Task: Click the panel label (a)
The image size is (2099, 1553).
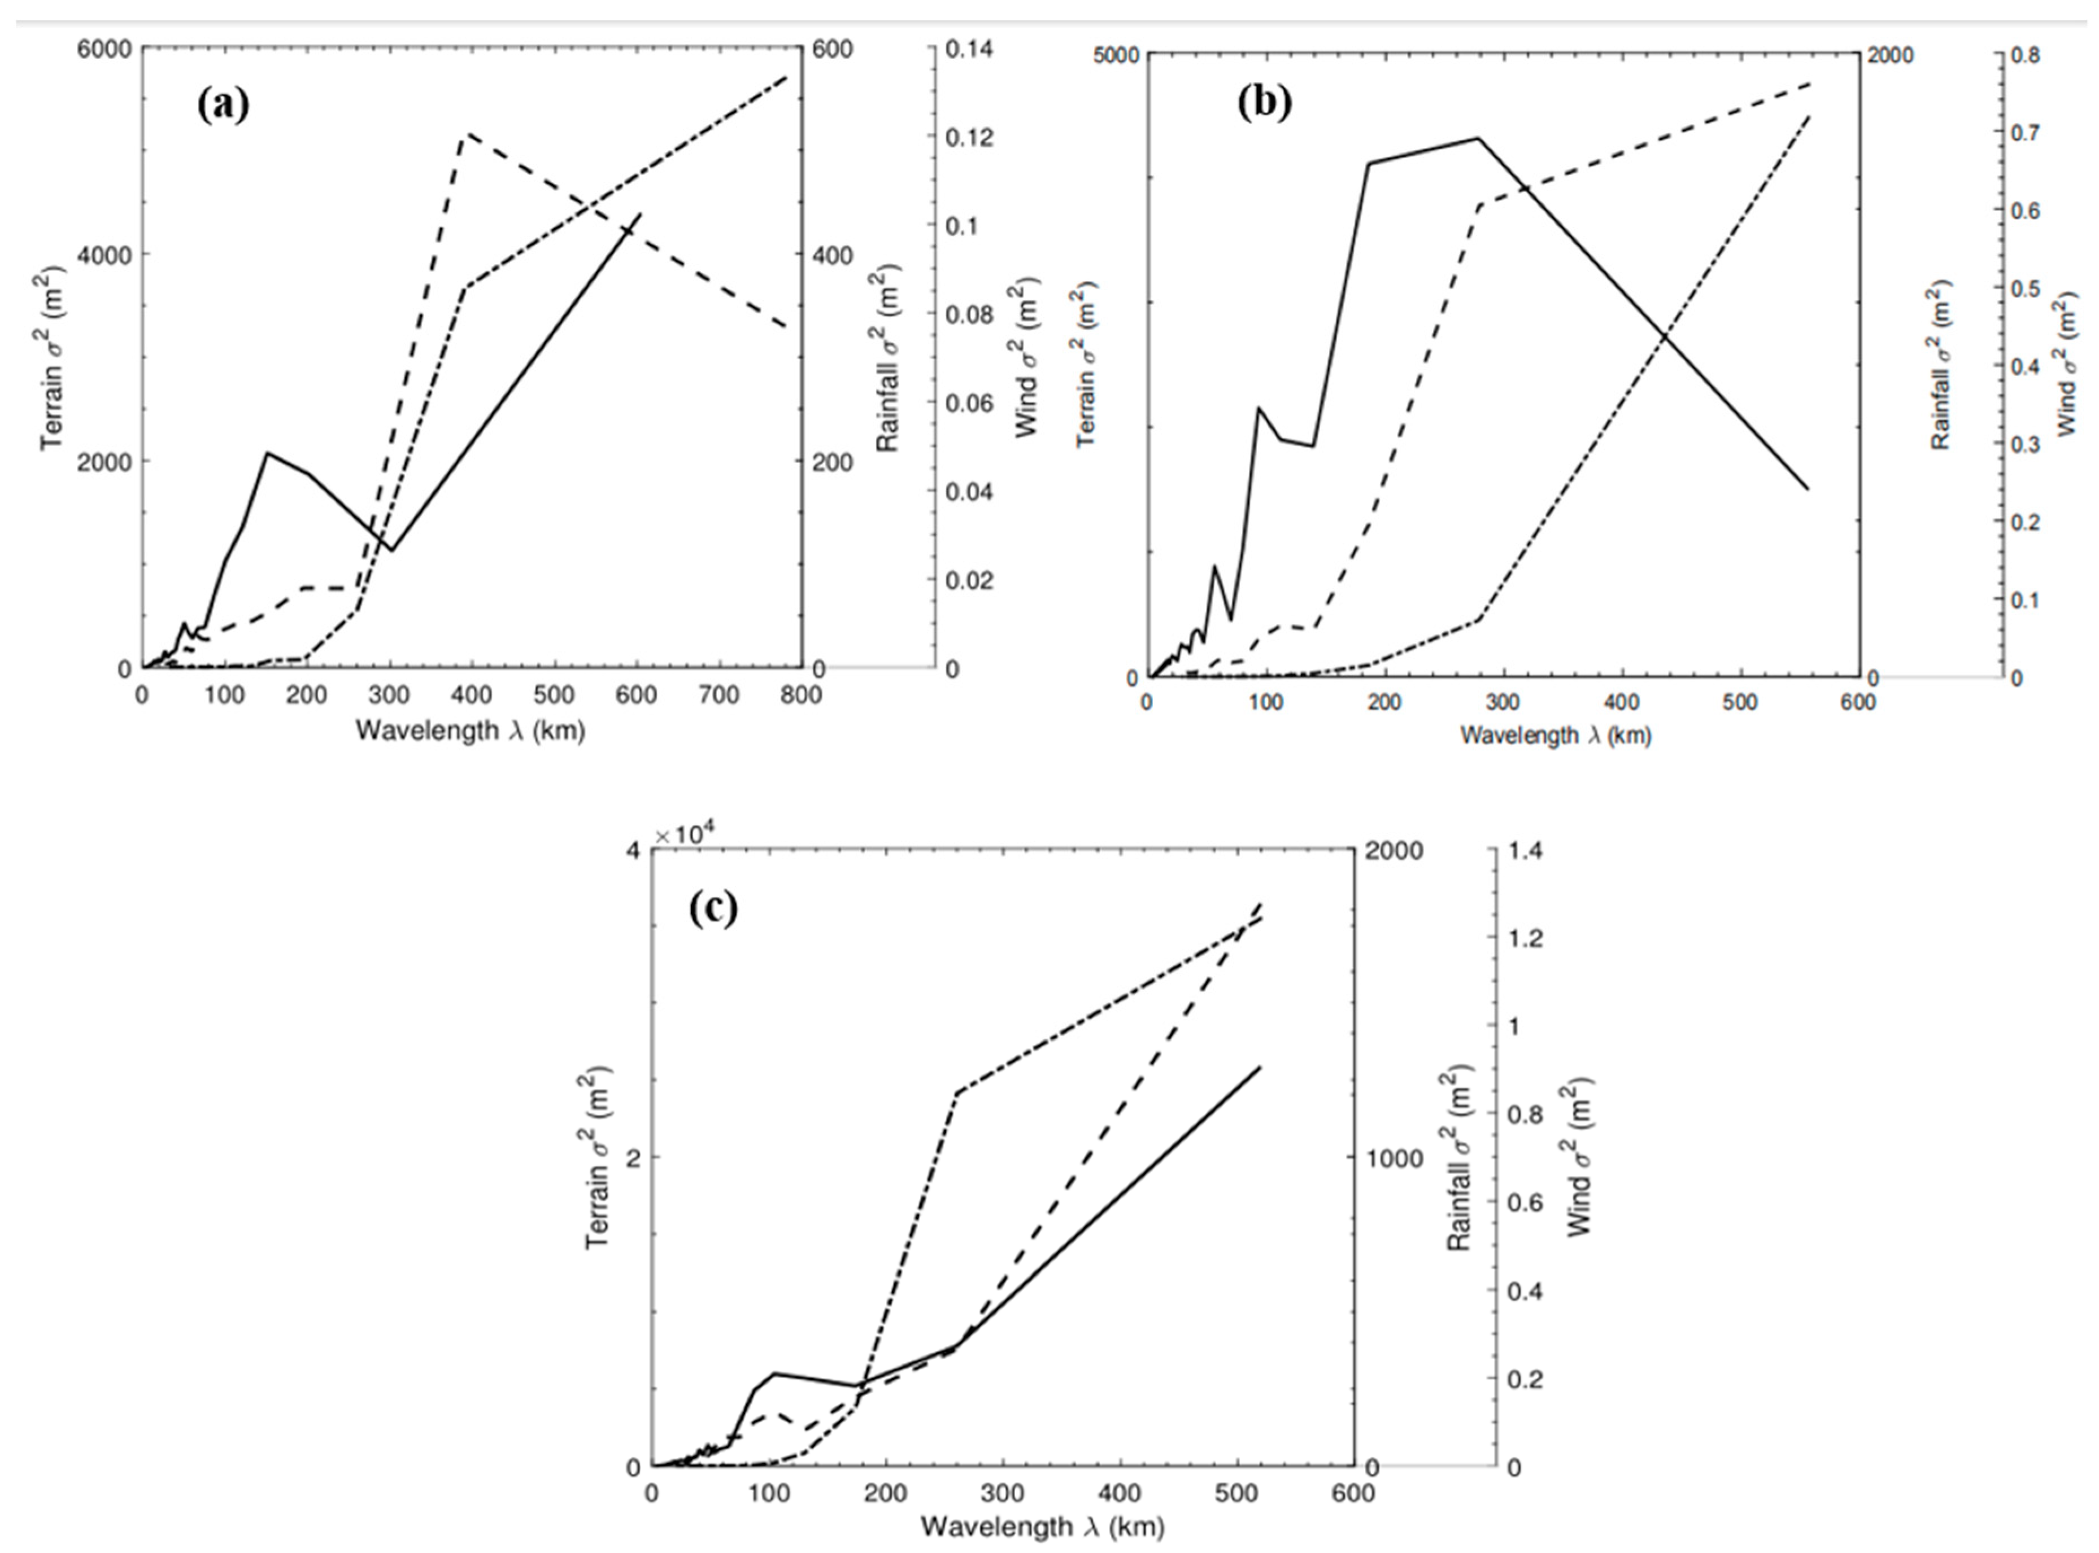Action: (224, 106)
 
